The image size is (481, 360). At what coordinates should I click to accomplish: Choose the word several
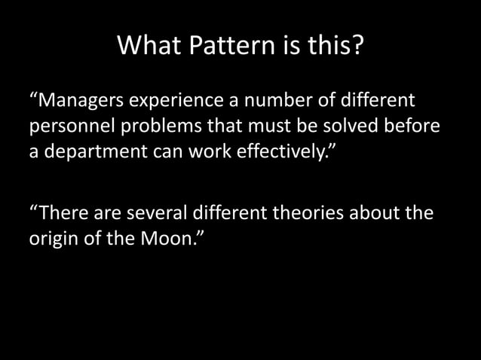[161, 212]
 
